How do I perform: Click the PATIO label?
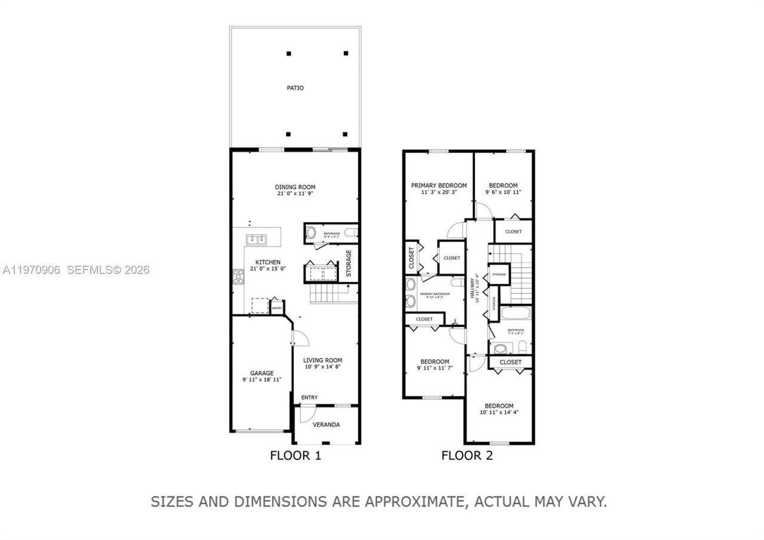point(295,88)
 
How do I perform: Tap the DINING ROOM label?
point(295,187)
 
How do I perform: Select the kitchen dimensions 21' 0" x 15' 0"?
point(268,269)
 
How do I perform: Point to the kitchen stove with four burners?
point(238,277)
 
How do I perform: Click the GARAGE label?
point(261,373)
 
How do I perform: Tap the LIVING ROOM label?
point(322,360)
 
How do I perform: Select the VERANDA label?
point(326,425)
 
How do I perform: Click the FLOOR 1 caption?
point(295,456)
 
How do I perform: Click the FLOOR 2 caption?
point(467,456)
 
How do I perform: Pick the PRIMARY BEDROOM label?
point(439,186)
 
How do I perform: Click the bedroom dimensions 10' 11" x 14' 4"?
point(499,413)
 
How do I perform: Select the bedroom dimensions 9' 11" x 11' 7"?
point(435,368)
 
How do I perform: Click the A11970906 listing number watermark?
point(31,270)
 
